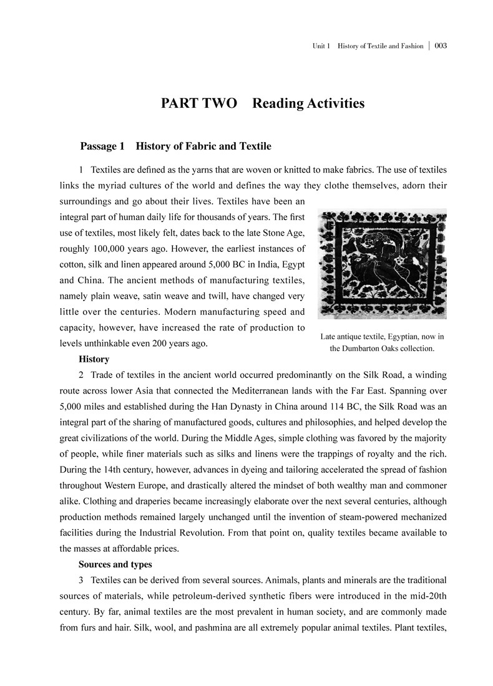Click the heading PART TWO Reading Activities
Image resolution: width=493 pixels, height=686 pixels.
(262, 104)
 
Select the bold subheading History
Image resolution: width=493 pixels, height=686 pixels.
(94, 359)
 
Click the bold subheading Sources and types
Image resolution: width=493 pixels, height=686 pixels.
(115, 565)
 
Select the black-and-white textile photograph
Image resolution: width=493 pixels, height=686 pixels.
(382, 264)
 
